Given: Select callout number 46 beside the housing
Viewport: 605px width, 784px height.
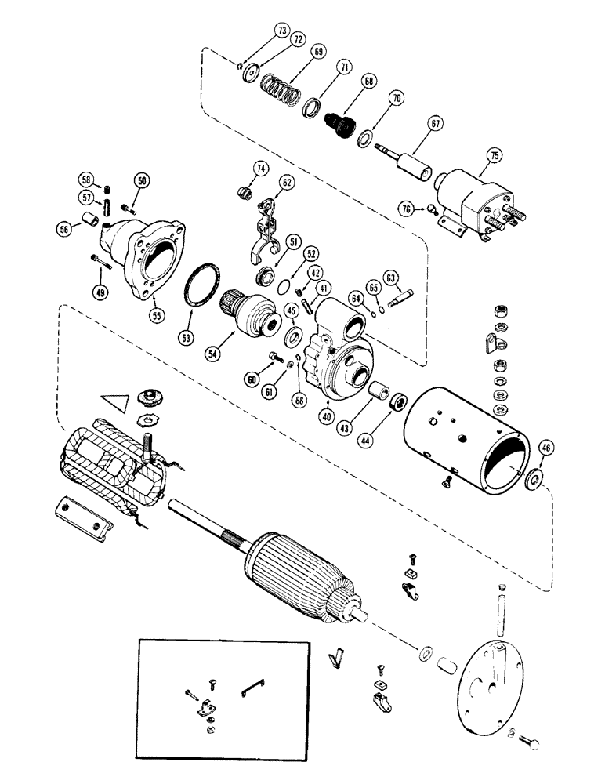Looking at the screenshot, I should point(546,448).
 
